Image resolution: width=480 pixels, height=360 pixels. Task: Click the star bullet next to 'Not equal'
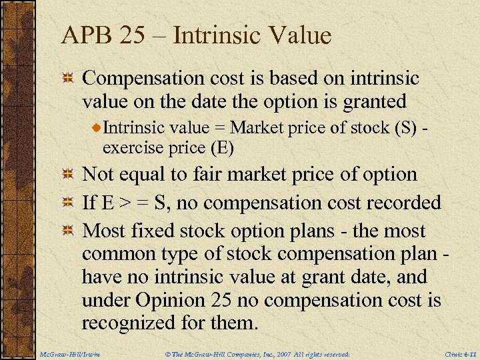click(67, 175)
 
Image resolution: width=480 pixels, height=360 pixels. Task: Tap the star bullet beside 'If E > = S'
click(67, 203)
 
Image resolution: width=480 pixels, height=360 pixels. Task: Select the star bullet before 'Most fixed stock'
click(67, 231)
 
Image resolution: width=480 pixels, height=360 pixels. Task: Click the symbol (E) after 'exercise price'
click(221, 147)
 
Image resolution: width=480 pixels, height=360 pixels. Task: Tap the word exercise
click(130, 147)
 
